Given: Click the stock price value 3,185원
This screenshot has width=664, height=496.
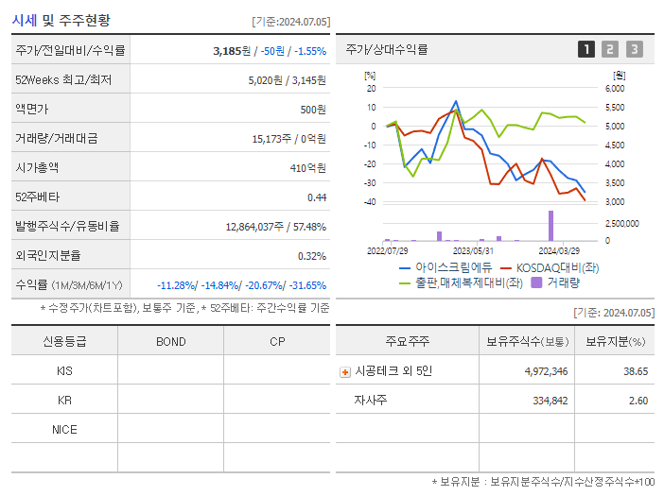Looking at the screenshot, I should (x=232, y=51).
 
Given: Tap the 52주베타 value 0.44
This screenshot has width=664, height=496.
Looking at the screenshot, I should (x=316, y=197).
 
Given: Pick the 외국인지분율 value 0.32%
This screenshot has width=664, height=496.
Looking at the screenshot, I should (x=311, y=255).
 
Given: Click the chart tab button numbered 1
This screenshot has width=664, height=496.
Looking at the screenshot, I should (x=586, y=50).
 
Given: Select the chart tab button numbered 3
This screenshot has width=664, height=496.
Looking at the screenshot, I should (x=634, y=50).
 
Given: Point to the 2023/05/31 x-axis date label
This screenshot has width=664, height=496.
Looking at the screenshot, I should (x=473, y=251).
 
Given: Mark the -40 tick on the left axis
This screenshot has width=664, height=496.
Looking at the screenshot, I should (x=370, y=202).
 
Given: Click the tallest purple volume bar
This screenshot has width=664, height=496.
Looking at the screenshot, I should (x=550, y=226).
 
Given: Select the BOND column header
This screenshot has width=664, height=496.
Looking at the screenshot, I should (x=170, y=341).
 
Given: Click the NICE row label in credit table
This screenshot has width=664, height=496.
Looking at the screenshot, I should (x=64, y=429).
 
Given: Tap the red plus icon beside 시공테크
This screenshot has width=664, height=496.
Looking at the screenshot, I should (x=345, y=371).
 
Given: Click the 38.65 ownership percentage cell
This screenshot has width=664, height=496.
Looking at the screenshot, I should (x=636, y=371).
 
